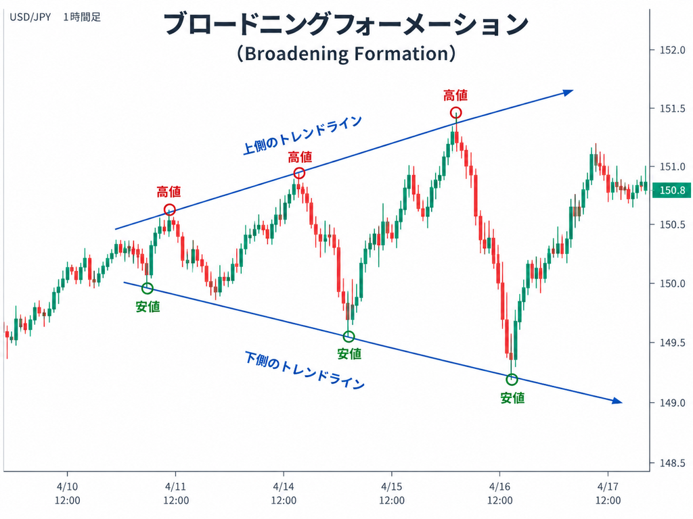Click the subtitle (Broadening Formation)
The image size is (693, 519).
tap(346, 53)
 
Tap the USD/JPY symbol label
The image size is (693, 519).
tap(30, 17)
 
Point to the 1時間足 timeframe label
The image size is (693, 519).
tap(82, 17)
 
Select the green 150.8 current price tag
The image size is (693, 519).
tap(672, 190)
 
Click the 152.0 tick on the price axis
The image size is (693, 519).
tap(673, 50)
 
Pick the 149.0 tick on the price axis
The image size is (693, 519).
tap(673, 403)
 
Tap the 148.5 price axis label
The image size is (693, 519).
tap(673, 463)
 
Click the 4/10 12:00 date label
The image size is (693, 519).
tap(68, 493)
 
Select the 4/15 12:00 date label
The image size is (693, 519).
tap(392, 493)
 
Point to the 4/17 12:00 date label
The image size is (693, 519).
tap(608, 493)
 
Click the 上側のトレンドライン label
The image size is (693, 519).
tap(303, 135)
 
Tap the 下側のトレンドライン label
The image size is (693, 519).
tap(305, 370)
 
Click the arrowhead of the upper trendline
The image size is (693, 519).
tap(568, 92)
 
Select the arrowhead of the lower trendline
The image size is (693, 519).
tap(617, 401)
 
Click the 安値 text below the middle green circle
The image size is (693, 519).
tap(349, 353)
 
